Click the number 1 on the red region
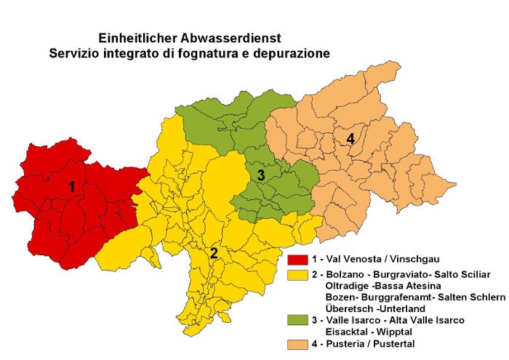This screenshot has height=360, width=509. (71, 187)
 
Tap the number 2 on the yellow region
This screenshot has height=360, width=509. (214, 253)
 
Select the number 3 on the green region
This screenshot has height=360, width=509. (260, 175)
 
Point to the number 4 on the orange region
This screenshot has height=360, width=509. (350, 139)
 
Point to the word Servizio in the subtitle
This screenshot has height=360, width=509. (73, 53)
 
